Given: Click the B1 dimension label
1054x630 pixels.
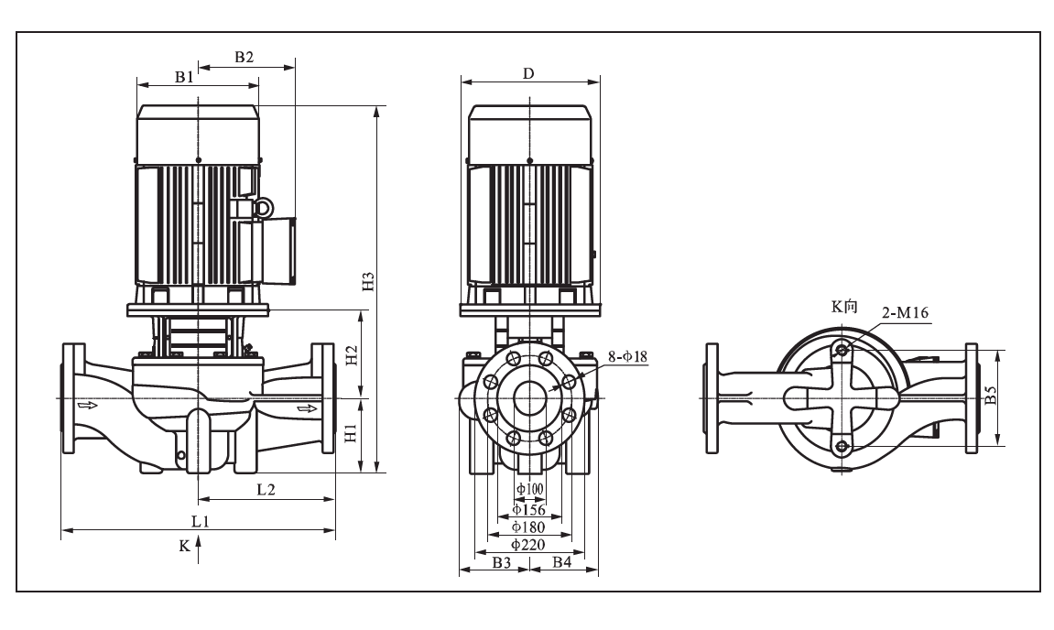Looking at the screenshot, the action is pos(184,77).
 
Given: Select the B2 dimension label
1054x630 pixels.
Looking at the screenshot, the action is pos(244,57).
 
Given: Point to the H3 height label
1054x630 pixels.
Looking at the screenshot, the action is pos(368,281).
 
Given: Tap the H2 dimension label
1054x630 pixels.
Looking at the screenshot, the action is pos(351,355).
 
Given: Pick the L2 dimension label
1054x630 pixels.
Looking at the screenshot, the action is pos(266,490).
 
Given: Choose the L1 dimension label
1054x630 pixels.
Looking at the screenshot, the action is pos(201,521).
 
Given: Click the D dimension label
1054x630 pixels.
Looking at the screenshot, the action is pos(528,73).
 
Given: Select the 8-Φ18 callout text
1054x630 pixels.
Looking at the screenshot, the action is pos(628,356).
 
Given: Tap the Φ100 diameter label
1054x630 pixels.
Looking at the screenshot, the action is pos(529,489).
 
